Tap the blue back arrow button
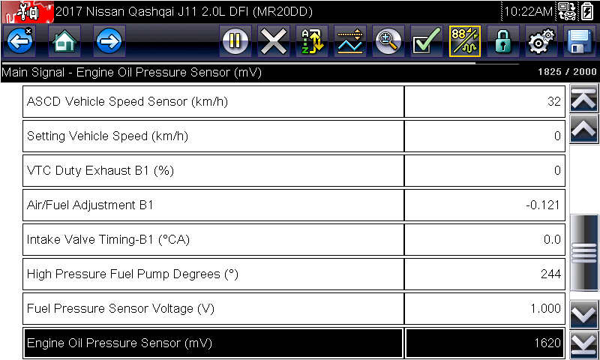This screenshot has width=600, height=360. point(19,41)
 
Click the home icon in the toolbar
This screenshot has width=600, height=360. point(64,41)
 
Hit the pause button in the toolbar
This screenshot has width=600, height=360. point(235,41)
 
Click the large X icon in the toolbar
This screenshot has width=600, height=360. point(273,41)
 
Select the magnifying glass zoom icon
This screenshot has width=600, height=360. point(388,41)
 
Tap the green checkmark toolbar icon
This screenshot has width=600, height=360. point(426,41)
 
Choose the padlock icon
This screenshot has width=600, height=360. point(502,41)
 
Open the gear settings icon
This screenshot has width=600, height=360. point(541,41)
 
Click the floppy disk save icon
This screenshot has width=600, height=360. point(580,41)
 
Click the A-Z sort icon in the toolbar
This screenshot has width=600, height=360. point(311,41)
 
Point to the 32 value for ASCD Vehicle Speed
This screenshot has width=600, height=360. point(554,101)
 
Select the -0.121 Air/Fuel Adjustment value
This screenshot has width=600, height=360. point(543,205)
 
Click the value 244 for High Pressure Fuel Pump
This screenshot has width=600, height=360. point(551,274)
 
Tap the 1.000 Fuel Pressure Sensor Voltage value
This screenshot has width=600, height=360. point(546,308)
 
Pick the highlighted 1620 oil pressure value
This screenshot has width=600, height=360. point(547,343)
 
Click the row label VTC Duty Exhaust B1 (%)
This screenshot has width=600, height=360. point(100,171)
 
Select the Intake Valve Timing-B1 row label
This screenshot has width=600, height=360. point(108,239)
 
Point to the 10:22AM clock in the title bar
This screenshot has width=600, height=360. point(528,12)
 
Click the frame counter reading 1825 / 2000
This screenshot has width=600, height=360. point(567,72)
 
